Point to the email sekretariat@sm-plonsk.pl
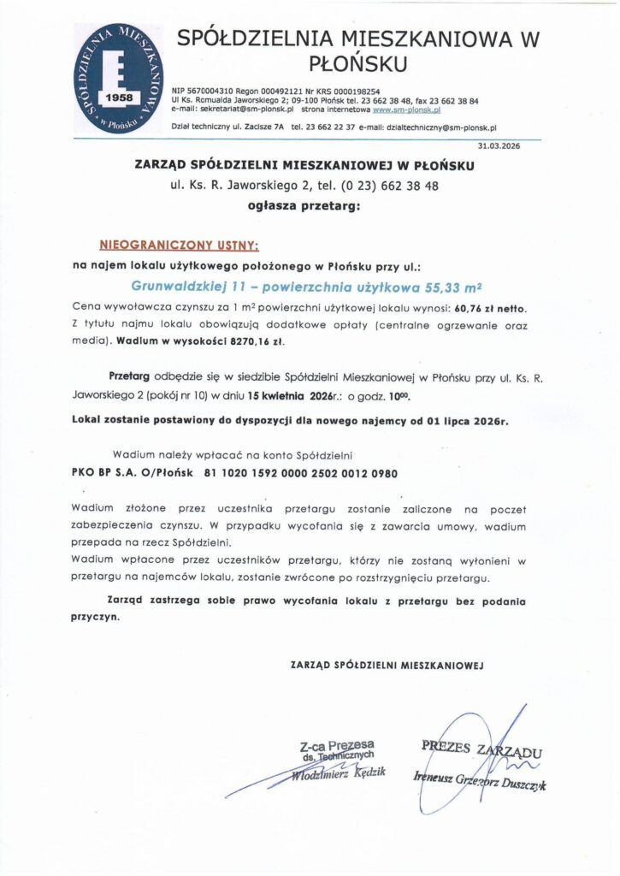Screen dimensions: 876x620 [248, 109]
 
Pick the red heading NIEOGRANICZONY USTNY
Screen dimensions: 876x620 [179, 245]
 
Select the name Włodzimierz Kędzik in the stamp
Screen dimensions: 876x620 [337, 773]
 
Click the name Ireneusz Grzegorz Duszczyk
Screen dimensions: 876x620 [480, 781]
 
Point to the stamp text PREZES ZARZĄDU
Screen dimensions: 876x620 [481, 750]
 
